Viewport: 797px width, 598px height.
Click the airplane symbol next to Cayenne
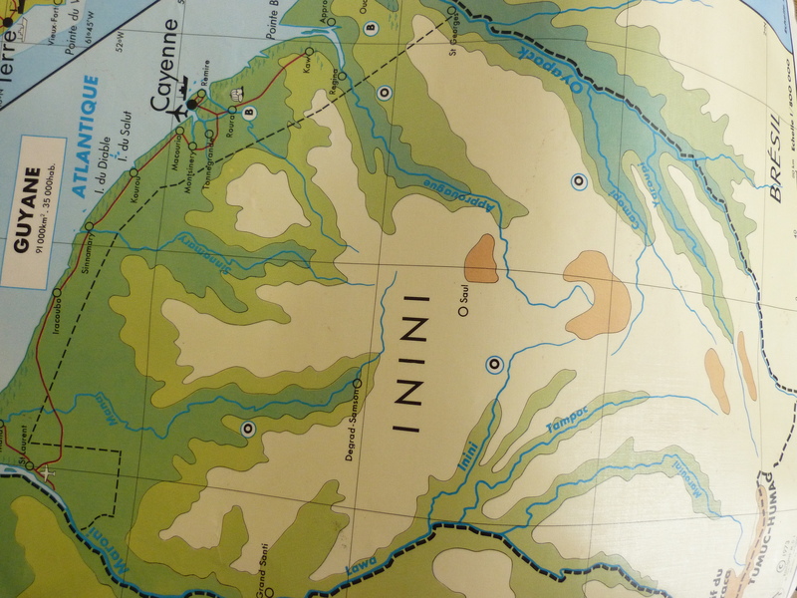pos(179,108)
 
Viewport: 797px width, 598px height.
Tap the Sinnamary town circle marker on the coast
pos(89,227)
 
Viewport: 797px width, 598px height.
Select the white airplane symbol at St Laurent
pos(46,471)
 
